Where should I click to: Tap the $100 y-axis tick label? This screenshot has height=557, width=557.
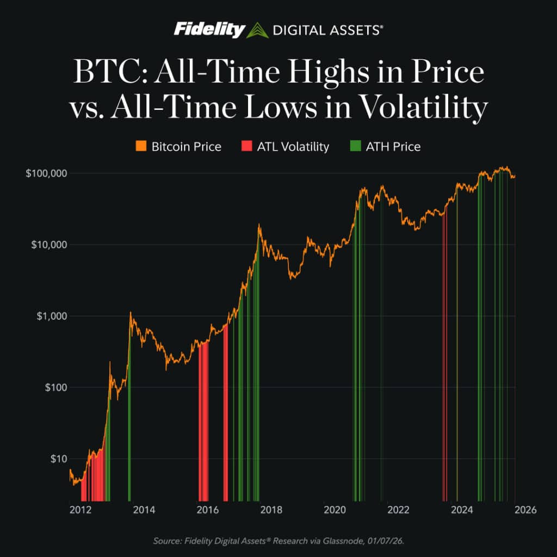click(54, 387)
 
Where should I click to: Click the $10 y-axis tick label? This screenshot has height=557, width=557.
click(56, 459)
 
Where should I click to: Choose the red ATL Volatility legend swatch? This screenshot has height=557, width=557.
click(246, 146)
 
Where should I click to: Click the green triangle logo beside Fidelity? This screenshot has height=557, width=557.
click(258, 30)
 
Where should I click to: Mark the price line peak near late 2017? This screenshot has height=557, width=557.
click(259, 225)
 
